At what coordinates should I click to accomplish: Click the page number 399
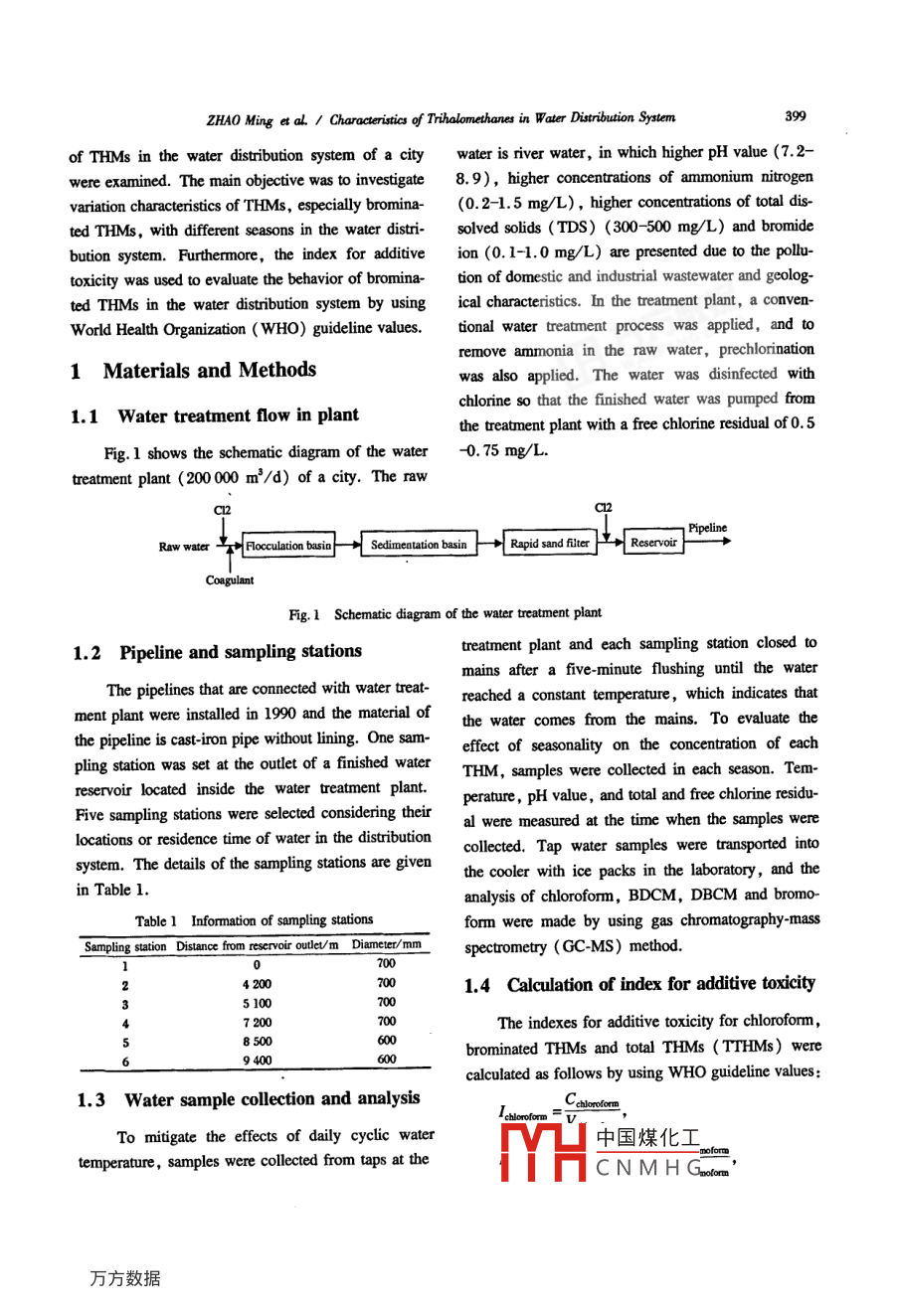coord(795,116)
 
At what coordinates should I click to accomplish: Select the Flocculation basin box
coord(288,546)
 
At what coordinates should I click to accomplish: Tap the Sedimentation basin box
coord(418,545)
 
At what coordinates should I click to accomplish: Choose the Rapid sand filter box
coord(550,544)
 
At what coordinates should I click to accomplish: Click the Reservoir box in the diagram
coord(653,543)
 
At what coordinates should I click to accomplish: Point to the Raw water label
coord(184,547)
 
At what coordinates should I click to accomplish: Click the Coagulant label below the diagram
coord(230,580)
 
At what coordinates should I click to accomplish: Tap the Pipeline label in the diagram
coord(707,528)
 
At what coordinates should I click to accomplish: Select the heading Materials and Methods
coord(209,371)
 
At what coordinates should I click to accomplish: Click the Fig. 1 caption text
coord(445,614)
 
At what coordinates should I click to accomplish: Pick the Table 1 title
coord(254,920)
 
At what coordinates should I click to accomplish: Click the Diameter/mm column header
coord(386,944)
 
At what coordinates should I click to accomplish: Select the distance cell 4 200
coord(257,984)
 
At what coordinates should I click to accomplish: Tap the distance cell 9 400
coord(257,1061)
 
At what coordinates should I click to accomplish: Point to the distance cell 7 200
coord(257,1023)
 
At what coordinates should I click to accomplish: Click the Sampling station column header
coord(125,946)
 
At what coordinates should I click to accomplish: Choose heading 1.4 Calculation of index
coord(639,985)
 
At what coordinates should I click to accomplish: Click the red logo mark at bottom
coord(543,1151)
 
